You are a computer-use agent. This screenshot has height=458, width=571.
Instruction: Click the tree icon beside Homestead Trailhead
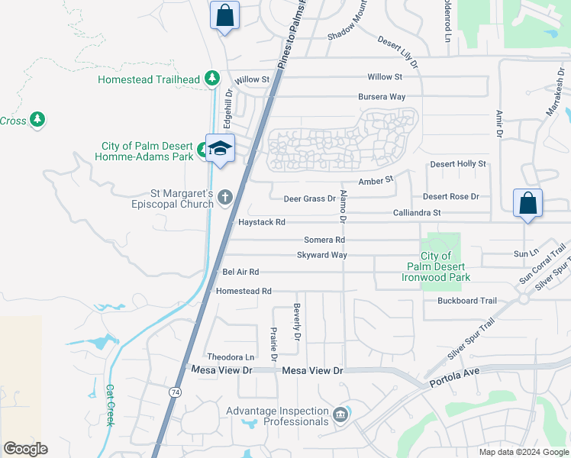(212, 79)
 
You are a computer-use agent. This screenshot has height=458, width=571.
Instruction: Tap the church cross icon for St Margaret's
(224, 198)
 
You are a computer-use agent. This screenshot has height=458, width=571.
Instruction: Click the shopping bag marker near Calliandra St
(527, 203)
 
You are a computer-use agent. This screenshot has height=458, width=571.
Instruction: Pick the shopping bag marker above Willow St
(225, 15)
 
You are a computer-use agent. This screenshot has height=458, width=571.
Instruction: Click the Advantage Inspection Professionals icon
(340, 415)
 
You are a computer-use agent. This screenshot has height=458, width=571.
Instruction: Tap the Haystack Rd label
(261, 222)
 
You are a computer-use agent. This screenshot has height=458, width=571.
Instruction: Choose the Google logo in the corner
(25, 449)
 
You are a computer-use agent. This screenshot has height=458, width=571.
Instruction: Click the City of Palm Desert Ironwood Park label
(435, 267)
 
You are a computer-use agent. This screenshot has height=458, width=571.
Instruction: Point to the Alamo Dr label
(344, 206)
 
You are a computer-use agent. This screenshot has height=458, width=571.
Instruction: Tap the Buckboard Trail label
(467, 301)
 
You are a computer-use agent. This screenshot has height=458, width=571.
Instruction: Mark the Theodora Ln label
(231, 357)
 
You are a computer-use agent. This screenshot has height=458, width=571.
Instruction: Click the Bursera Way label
(382, 97)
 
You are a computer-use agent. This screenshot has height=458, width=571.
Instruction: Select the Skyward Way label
(321, 255)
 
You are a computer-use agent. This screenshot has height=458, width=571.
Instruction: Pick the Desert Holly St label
(458, 164)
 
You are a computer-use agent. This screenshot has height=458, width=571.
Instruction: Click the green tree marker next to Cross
(37, 120)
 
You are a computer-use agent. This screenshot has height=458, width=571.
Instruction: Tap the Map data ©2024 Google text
(523, 452)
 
